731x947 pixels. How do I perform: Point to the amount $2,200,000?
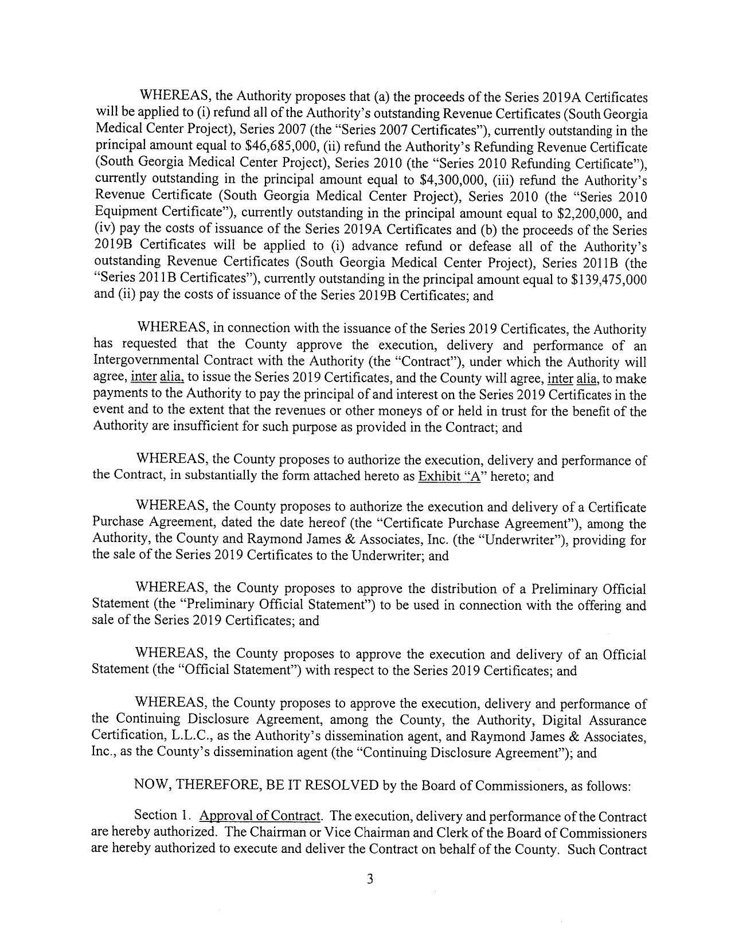point(593,213)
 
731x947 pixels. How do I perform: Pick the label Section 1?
point(155,816)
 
